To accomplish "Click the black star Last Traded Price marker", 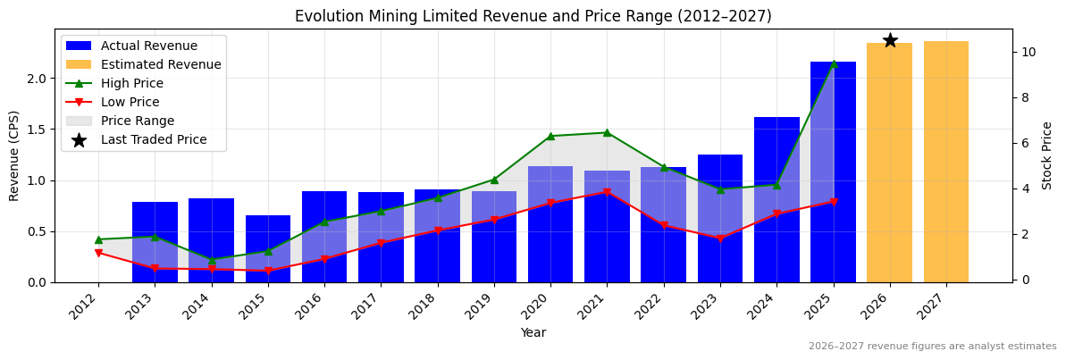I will tap(890, 40).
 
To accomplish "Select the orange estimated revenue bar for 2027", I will tap(946, 162).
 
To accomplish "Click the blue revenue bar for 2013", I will tap(155, 242).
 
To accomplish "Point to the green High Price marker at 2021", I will tap(607, 133).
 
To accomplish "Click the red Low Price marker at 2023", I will tap(720, 239).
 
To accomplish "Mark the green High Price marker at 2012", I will tap(98, 239).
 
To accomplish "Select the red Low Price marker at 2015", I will tap(268, 271).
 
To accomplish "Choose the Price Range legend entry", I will tap(137, 121).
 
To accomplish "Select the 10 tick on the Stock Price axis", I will tap(1028, 52).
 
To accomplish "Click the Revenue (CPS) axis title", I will tap(14, 155).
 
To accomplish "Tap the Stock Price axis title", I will tap(1047, 155).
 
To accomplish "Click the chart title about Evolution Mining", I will tap(533, 16).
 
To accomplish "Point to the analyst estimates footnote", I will tap(932, 347).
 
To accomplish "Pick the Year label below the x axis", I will tap(533, 333).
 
